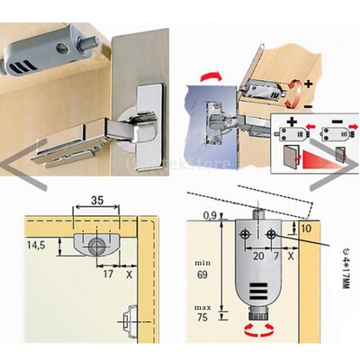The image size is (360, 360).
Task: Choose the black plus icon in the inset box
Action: [x=292, y=123]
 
